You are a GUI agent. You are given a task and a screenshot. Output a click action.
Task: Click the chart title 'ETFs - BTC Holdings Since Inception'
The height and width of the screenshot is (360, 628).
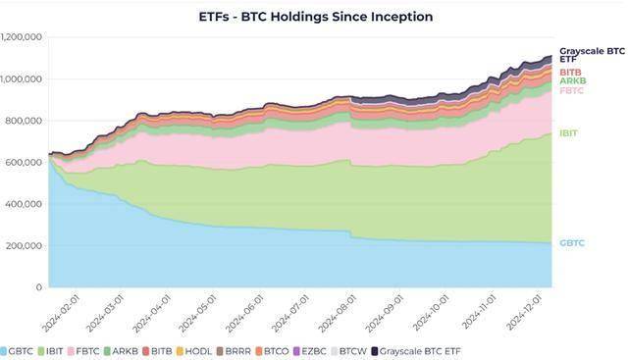point(316,17)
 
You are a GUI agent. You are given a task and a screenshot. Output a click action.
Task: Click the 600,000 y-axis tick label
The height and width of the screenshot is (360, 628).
point(25,163)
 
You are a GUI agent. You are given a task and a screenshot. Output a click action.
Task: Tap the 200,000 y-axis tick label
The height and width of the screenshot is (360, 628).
point(25,246)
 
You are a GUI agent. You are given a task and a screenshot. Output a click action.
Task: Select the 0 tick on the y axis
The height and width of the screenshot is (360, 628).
point(40,287)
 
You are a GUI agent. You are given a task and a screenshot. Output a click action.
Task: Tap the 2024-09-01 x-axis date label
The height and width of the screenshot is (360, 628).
point(381,313)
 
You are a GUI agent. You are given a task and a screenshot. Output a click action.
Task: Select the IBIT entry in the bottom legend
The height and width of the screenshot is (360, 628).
point(60,350)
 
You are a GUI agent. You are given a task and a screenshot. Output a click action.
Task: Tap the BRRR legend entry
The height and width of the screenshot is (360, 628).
point(235,350)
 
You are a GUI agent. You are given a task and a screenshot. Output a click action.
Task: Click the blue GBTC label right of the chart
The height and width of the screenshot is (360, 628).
point(571,242)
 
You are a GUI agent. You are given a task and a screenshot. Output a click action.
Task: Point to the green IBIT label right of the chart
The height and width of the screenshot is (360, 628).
point(568,134)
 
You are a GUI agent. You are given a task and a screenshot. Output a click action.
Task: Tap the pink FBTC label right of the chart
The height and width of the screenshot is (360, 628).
point(571,90)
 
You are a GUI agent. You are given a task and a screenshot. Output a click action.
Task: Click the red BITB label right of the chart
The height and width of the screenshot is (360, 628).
point(570,72)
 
